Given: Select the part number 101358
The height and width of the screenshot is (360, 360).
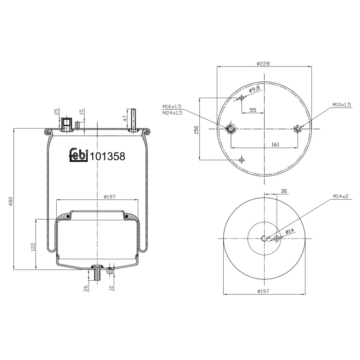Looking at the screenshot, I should [108, 156].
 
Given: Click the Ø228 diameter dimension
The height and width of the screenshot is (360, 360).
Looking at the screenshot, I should [263, 63].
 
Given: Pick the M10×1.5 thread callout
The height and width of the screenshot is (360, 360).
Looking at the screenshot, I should [341, 104].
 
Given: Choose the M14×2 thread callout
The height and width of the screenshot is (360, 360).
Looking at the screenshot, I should [341, 196].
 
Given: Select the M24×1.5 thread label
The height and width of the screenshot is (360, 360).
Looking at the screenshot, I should [172, 112].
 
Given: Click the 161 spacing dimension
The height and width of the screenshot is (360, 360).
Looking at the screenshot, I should [275, 144].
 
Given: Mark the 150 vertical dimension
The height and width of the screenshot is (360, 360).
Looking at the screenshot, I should [196, 129].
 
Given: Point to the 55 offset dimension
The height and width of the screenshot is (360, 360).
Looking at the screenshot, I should [252, 110].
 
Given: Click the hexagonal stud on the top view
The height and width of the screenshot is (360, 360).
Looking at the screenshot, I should [297, 129].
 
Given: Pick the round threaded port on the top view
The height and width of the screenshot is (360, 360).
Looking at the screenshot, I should [231, 129].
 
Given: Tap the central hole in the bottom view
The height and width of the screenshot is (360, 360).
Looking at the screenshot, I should [264, 238].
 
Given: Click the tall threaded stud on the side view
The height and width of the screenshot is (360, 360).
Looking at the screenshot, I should [134, 119].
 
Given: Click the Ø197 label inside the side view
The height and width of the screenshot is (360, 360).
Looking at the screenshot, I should [110, 197].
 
